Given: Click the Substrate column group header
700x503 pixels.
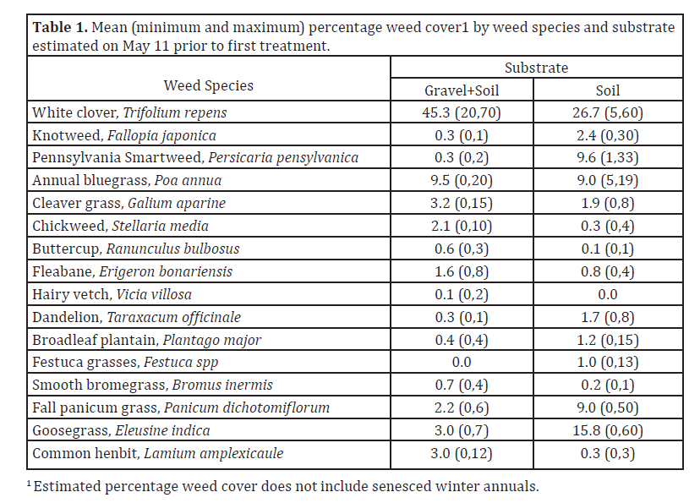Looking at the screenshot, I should point(536,68).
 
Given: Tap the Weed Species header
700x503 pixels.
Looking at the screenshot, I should point(208,85).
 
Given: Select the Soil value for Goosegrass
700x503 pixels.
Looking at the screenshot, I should point(608,431).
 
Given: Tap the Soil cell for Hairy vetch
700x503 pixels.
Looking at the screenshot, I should point(608,294).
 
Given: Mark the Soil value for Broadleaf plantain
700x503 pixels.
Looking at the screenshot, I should point(608,340).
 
